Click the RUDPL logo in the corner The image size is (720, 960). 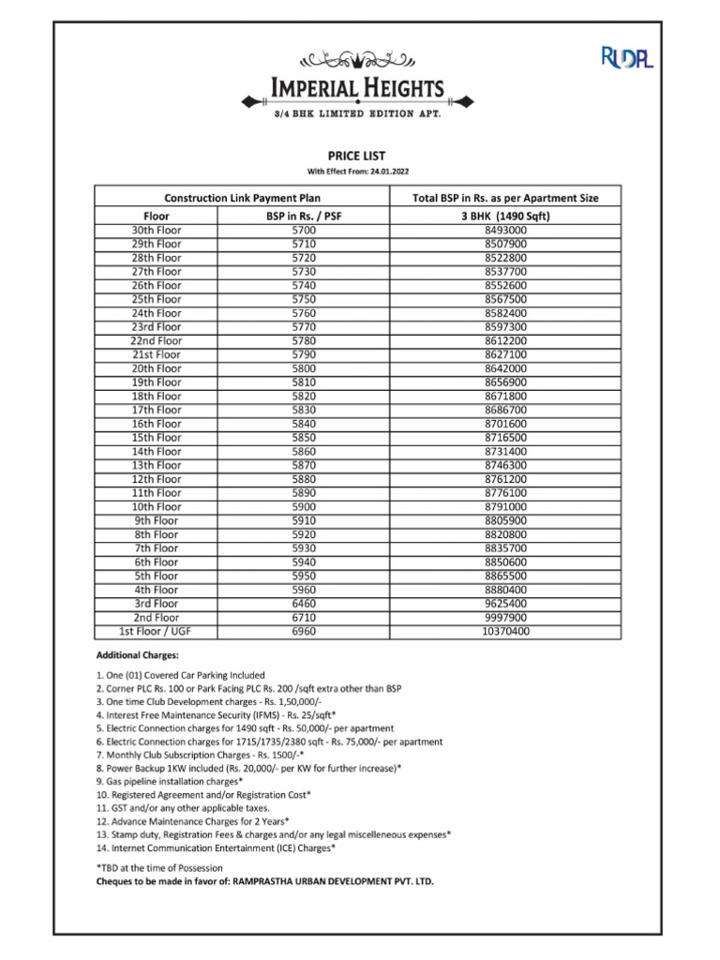(x=626, y=58)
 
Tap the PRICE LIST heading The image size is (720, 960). (x=356, y=156)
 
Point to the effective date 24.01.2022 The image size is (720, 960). (x=356, y=172)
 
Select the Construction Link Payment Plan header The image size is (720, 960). (x=243, y=199)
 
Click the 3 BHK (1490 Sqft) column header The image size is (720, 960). (x=505, y=216)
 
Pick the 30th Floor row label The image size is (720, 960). (x=157, y=230)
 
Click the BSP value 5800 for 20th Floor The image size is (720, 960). (x=305, y=368)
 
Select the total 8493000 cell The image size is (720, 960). (x=505, y=230)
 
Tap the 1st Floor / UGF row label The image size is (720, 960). (x=157, y=632)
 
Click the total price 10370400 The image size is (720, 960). (x=505, y=632)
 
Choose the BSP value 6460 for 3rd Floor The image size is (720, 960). (x=305, y=604)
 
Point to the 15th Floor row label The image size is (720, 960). (x=157, y=438)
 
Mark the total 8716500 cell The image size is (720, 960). (x=505, y=438)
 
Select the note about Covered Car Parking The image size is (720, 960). (x=181, y=675)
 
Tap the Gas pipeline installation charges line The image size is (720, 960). (x=170, y=781)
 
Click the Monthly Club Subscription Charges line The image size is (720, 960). (x=200, y=755)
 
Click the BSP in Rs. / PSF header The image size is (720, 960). (x=305, y=216)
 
